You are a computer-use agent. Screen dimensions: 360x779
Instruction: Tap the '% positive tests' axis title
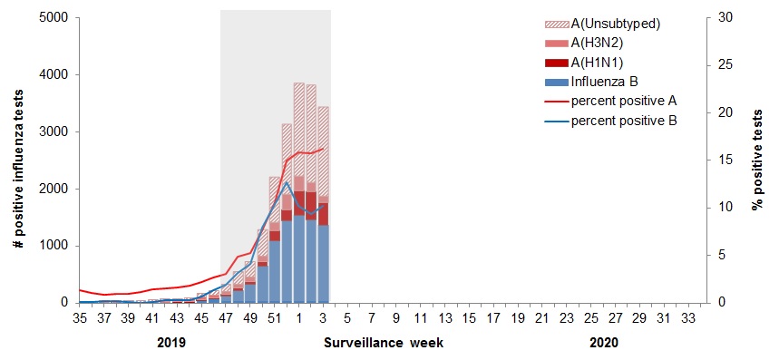point(757,161)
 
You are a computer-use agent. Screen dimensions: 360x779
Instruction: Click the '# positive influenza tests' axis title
point(17,161)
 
